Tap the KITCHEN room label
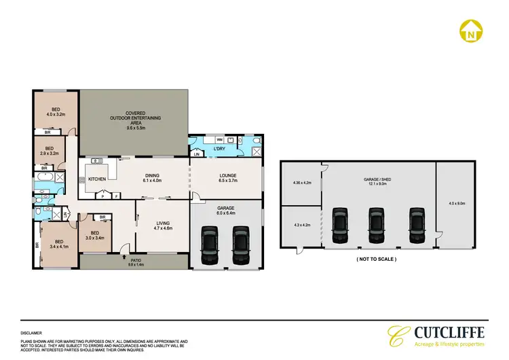(x=96, y=179)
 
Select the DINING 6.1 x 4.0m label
(x=151, y=179)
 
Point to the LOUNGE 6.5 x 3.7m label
(x=227, y=179)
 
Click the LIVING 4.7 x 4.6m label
(x=162, y=226)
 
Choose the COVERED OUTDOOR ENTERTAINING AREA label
(x=134, y=120)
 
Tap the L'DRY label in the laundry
(x=219, y=148)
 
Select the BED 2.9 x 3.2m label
(x=49, y=151)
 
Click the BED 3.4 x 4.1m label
(x=60, y=244)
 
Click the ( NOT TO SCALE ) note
(x=375, y=259)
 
